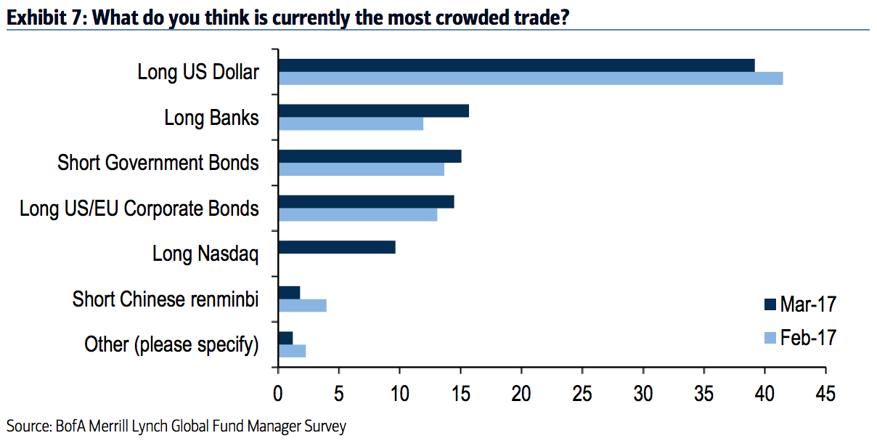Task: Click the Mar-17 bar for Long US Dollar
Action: click(x=516, y=65)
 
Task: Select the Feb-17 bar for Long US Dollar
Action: click(x=530, y=78)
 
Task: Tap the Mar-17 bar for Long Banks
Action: click(x=373, y=111)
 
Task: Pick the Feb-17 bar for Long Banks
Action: click(x=351, y=124)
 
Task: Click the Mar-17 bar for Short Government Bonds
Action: click(x=370, y=156)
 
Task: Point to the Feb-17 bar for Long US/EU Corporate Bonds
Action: click(x=358, y=215)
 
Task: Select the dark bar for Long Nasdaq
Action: click(x=337, y=247)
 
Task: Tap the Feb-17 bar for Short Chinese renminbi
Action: click(x=302, y=306)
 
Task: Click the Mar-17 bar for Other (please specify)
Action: click(x=285, y=338)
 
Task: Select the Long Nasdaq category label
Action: click(x=205, y=254)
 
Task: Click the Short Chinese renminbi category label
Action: click(x=166, y=299)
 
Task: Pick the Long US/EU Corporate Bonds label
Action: click(x=139, y=209)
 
